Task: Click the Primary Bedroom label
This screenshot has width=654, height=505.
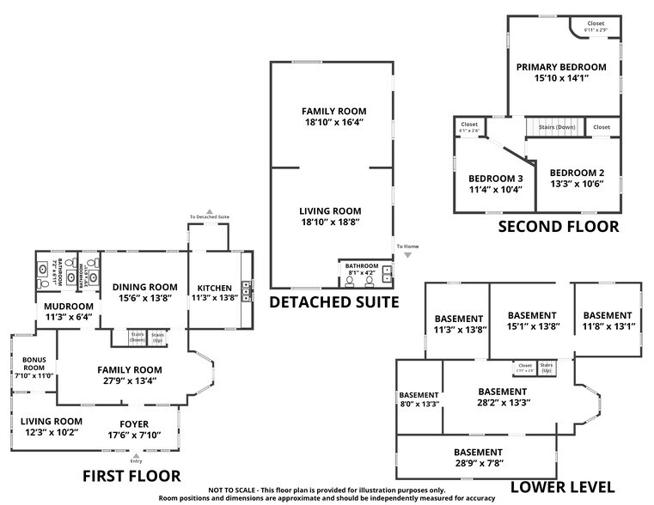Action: [x=561, y=67]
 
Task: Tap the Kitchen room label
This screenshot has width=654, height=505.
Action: [x=214, y=288]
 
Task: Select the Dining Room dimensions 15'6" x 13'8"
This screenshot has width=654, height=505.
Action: [x=145, y=300]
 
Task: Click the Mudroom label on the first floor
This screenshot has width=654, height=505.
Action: [x=69, y=306]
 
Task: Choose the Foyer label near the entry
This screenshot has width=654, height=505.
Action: [x=134, y=423]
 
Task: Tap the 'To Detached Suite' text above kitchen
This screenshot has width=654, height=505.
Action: [x=210, y=218]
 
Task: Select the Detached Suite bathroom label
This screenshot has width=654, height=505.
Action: [x=361, y=266]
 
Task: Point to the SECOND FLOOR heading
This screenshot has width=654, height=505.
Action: [x=559, y=227]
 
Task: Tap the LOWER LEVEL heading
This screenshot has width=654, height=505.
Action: [x=562, y=487]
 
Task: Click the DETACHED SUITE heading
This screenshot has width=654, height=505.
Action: [x=334, y=301]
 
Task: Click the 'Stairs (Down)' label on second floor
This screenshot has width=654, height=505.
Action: [x=557, y=127]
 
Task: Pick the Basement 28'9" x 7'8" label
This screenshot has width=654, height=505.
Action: [x=478, y=453]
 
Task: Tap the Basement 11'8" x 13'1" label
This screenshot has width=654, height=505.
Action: [x=608, y=314]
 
